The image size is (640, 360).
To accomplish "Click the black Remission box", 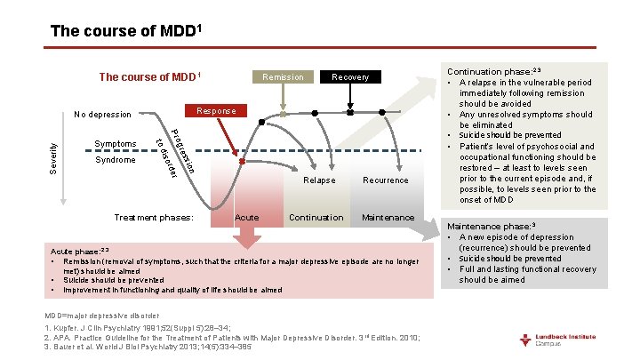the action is (284, 77).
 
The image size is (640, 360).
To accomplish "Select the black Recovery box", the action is (350, 77).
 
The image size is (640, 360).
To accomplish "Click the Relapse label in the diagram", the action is (319, 180).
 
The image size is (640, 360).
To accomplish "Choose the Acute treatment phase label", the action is (246, 218).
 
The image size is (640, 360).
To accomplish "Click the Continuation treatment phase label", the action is (316, 218).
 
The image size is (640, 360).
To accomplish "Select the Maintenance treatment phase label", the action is (388, 218).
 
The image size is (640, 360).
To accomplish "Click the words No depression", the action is (102, 115).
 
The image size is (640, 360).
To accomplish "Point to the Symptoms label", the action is (115, 144).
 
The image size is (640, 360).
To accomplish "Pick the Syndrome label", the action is (115, 160).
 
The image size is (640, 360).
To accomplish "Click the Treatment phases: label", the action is (155, 218).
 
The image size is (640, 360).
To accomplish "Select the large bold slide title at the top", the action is (128, 31).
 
